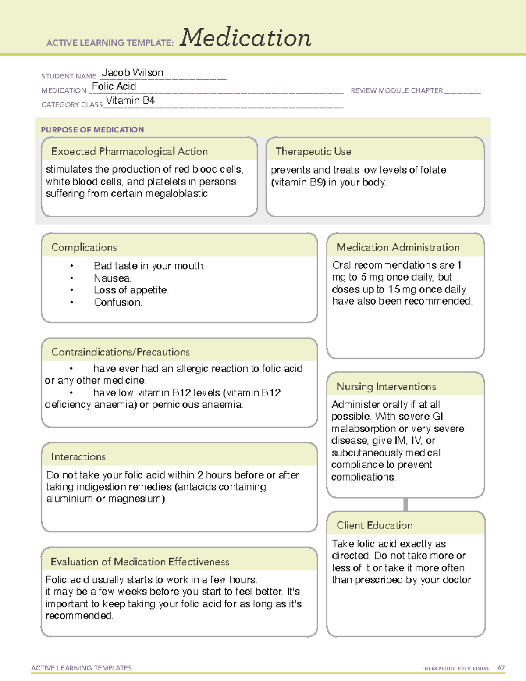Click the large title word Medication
click(x=245, y=38)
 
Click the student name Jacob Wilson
click(x=132, y=73)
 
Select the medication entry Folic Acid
click(x=114, y=86)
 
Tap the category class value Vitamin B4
click(x=130, y=101)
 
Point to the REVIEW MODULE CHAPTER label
click(x=397, y=90)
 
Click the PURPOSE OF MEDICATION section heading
click(x=92, y=130)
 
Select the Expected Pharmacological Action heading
click(x=129, y=151)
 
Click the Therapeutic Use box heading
click(x=313, y=151)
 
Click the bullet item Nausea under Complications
click(x=112, y=278)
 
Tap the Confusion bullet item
click(x=117, y=302)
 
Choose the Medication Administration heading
click(x=398, y=247)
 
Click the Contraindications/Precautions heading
click(x=120, y=352)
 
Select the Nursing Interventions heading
click(x=386, y=386)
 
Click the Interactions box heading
click(x=78, y=456)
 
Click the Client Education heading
click(x=374, y=525)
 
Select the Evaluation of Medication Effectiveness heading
click(x=140, y=562)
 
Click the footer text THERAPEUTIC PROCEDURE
click(x=455, y=669)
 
